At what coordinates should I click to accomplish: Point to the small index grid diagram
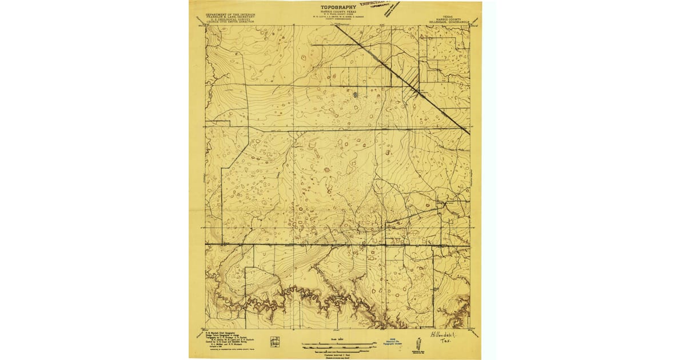[275, 341]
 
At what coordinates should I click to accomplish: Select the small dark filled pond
[354, 95]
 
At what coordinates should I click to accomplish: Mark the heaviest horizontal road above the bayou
[337, 245]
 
